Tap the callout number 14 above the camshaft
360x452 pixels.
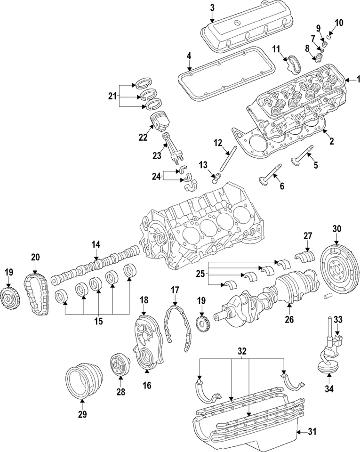[x=96, y=244]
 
